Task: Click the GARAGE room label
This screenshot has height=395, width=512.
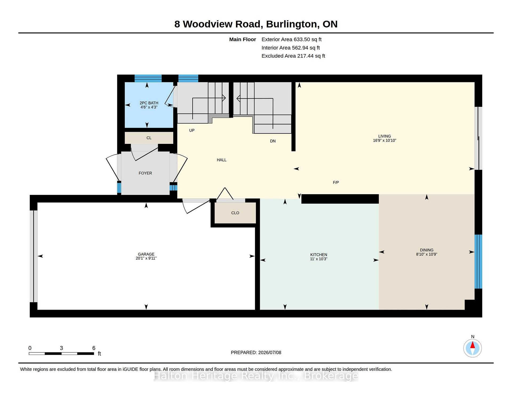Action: (x=146, y=254)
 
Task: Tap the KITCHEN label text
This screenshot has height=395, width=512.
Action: (x=319, y=255)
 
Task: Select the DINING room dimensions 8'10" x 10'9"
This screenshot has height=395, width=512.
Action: (x=427, y=254)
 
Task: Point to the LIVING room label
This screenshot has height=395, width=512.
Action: (x=385, y=136)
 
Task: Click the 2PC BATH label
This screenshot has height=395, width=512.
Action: (x=149, y=103)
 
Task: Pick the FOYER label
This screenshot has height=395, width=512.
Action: (x=145, y=173)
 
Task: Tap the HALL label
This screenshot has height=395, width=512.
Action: (x=222, y=160)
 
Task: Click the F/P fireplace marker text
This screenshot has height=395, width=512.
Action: (x=336, y=182)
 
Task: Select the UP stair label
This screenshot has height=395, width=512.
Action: (x=192, y=130)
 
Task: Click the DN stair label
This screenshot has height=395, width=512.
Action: (x=273, y=141)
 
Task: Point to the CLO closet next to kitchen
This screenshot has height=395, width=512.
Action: (x=235, y=213)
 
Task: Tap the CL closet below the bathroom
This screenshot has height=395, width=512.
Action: (x=149, y=138)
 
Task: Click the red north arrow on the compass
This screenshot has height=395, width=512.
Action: (x=473, y=345)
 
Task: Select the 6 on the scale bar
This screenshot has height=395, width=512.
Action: (x=94, y=348)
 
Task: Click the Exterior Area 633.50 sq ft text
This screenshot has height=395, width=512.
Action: (x=291, y=39)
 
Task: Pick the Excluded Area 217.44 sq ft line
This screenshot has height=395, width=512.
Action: (x=293, y=56)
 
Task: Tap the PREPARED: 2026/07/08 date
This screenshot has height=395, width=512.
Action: (x=256, y=352)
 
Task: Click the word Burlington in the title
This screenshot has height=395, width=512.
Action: (x=292, y=24)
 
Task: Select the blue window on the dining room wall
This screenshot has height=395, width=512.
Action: (x=478, y=262)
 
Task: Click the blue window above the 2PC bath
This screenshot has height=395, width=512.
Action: (x=148, y=79)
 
